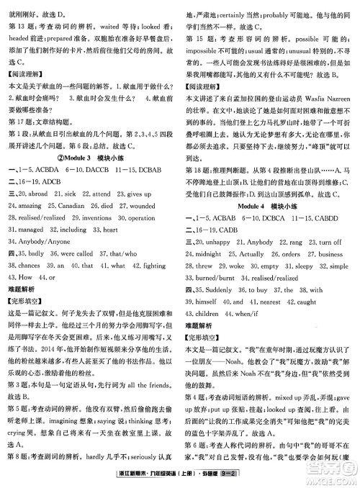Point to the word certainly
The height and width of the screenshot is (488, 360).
coord(233,14)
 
